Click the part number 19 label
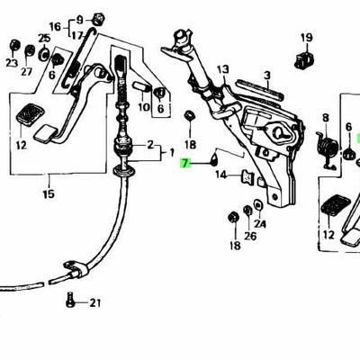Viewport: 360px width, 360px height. tap(305, 38)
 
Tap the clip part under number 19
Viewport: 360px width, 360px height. tap(304, 60)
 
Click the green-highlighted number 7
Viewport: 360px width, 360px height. tap(185, 164)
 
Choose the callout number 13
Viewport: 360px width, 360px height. tap(222, 67)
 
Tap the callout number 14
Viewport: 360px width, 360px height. tap(220, 175)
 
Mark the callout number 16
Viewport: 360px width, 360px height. tap(79, 26)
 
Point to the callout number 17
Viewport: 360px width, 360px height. tap(79, 38)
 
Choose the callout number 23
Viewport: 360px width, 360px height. tap(11, 63)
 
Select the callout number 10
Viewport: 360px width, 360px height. tap(143, 108)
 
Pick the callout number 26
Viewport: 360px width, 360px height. tap(250, 236)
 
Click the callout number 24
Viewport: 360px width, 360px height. tap(260, 224)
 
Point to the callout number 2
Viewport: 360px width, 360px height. tap(149, 144)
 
